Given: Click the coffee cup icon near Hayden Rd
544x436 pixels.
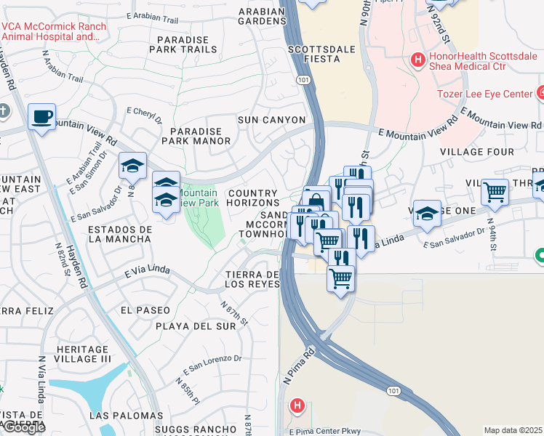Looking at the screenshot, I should (x=41, y=116).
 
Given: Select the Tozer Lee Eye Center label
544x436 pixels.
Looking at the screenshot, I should (x=485, y=94).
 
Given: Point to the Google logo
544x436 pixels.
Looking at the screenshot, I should (x=23, y=427).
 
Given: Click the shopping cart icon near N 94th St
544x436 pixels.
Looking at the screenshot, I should (x=495, y=193).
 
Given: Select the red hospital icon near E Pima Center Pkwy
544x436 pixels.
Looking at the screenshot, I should (x=297, y=405).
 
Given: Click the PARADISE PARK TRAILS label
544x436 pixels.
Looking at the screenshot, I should (x=183, y=44).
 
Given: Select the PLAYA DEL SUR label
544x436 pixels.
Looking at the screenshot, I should (x=196, y=326).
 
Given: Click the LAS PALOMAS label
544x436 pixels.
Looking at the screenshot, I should (x=119, y=415).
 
